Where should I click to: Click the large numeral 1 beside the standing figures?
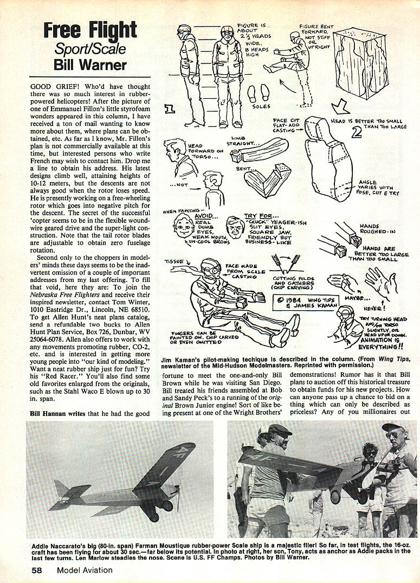coord(170,110)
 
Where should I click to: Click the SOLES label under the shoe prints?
coord(261,106)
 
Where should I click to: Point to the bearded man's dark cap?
coord(280,430)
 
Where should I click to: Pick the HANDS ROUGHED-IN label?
coord(373,229)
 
